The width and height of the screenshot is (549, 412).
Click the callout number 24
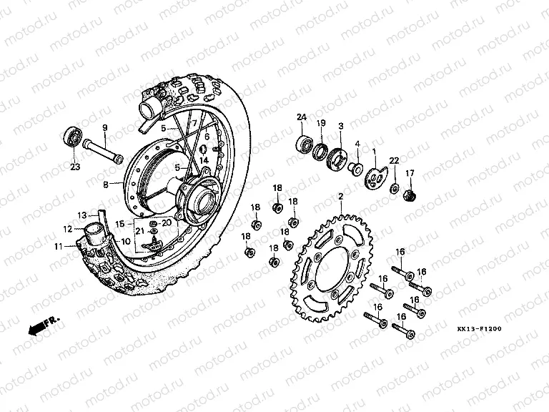point(302,117)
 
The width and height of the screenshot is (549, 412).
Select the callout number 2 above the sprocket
point(341,196)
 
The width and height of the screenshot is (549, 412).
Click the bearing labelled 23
point(72,135)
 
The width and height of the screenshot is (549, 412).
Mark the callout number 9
point(105,128)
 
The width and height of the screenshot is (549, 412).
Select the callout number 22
point(394,160)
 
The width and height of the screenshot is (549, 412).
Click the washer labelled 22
point(393,187)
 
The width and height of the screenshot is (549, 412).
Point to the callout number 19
point(322,123)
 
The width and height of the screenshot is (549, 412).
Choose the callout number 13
point(81,215)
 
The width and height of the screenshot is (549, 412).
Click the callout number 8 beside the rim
point(107,184)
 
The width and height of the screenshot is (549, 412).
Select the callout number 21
point(140,230)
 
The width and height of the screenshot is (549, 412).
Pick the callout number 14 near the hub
point(204,161)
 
